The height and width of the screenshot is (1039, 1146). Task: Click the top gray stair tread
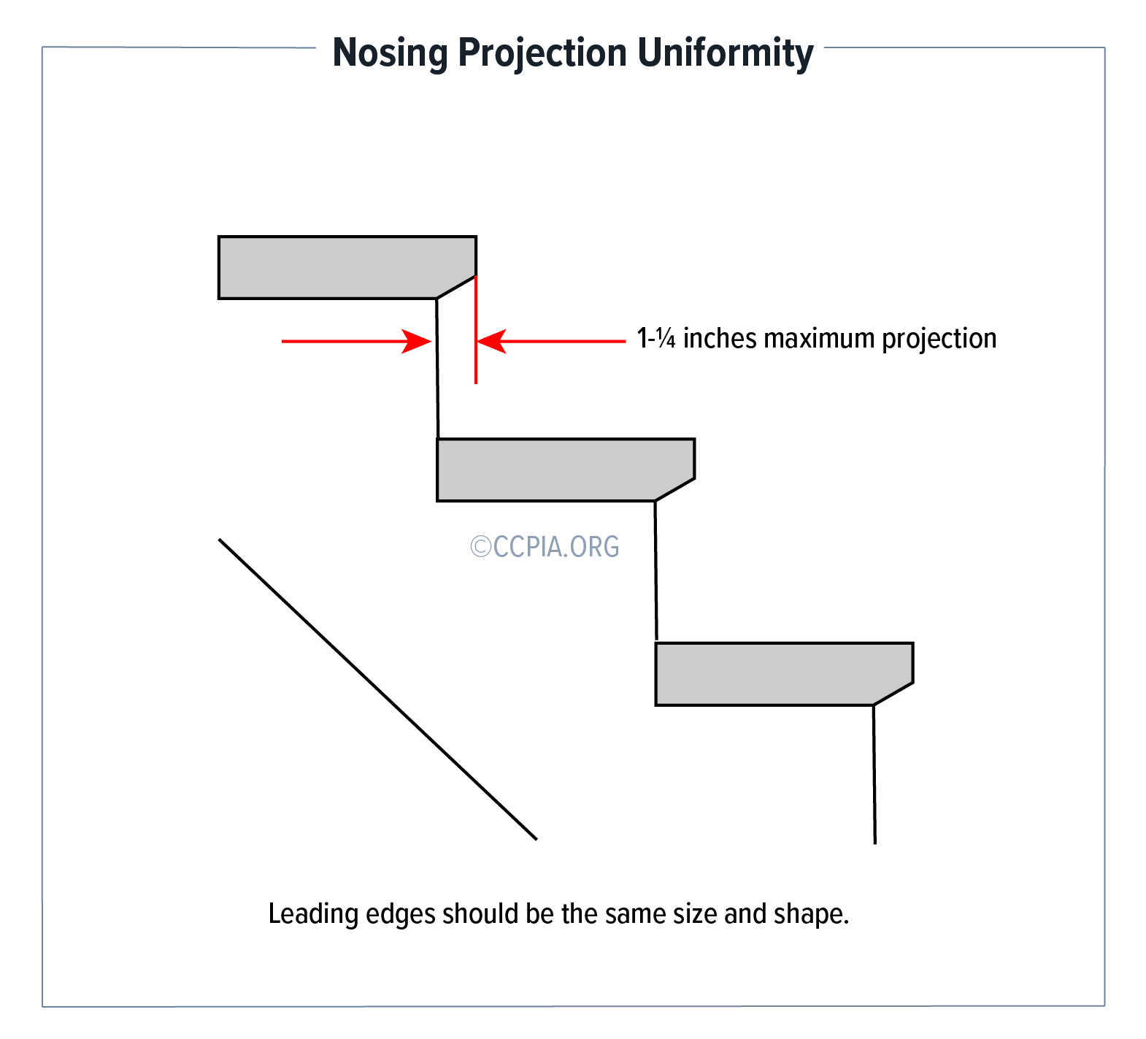click(347, 267)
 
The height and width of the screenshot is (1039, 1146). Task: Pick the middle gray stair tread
click(566, 469)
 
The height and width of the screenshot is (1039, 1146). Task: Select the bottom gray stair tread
click(784, 674)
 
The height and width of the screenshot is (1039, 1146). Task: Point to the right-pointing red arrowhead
click(418, 341)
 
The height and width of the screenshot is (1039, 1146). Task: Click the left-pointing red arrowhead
click(492, 341)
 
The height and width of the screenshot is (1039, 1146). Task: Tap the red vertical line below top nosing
click(476, 329)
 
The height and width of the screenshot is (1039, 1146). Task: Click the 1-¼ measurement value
click(656, 339)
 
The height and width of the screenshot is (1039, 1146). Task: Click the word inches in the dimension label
click(720, 339)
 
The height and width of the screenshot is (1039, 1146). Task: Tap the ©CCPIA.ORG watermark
click(545, 547)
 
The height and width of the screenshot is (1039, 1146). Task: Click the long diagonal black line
click(378, 689)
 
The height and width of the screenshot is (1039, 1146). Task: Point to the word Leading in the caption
click(313, 914)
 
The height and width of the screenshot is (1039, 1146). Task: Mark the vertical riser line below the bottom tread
click(874, 774)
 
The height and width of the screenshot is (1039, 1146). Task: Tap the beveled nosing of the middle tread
click(675, 490)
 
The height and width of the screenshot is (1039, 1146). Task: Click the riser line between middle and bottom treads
click(656, 571)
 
